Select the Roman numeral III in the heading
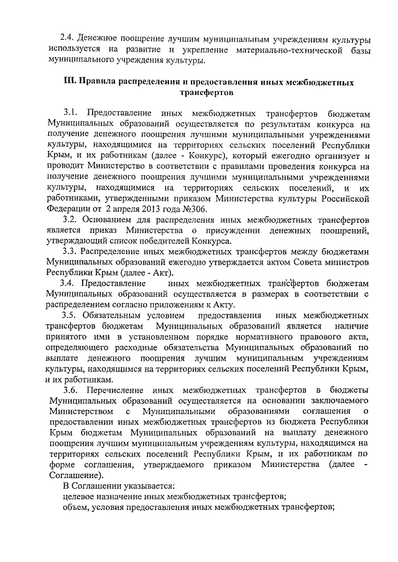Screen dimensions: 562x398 tap(72, 82)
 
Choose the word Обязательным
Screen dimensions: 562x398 tap(117, 315)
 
